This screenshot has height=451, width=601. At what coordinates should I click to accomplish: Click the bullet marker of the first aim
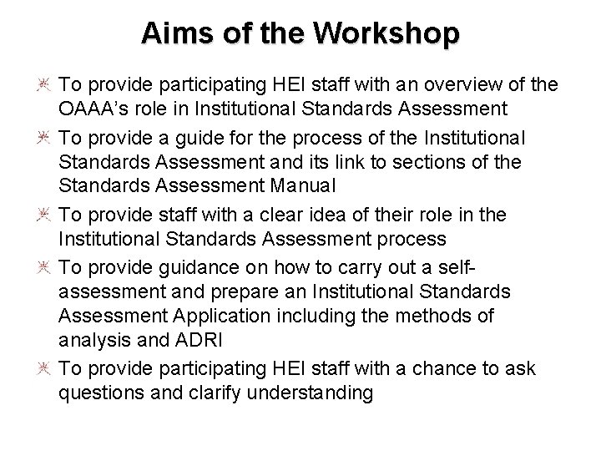point(43,85)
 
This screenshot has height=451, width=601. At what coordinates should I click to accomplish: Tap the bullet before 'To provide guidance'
point(43,267)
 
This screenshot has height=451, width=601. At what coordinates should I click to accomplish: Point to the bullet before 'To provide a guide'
point(43,137)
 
